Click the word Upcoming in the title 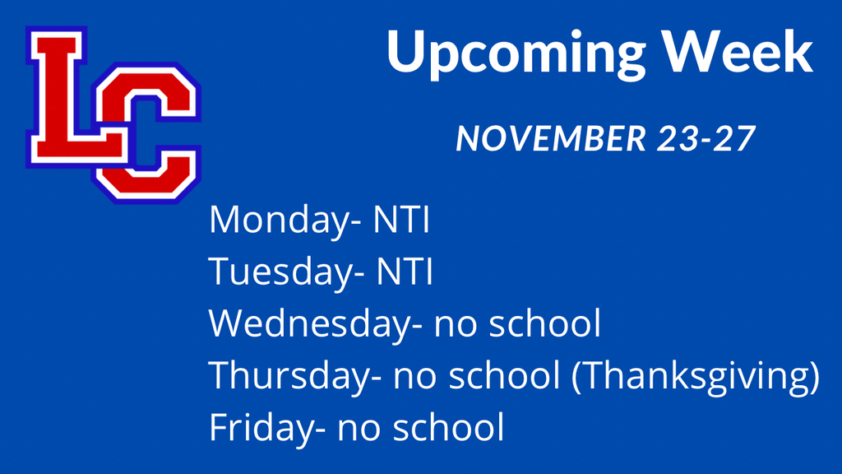(516, 53)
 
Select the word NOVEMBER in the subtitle (551, 138)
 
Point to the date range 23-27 (706, 138)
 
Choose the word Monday (280, 221)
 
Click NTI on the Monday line (401, 219)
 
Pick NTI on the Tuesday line (405, 271)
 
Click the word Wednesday (309, 324)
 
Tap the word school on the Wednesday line (544, 323)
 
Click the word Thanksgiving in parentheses (696, 375)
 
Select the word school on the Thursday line (504, 374)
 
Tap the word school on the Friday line (448, 427)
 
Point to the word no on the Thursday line (415, 379)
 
